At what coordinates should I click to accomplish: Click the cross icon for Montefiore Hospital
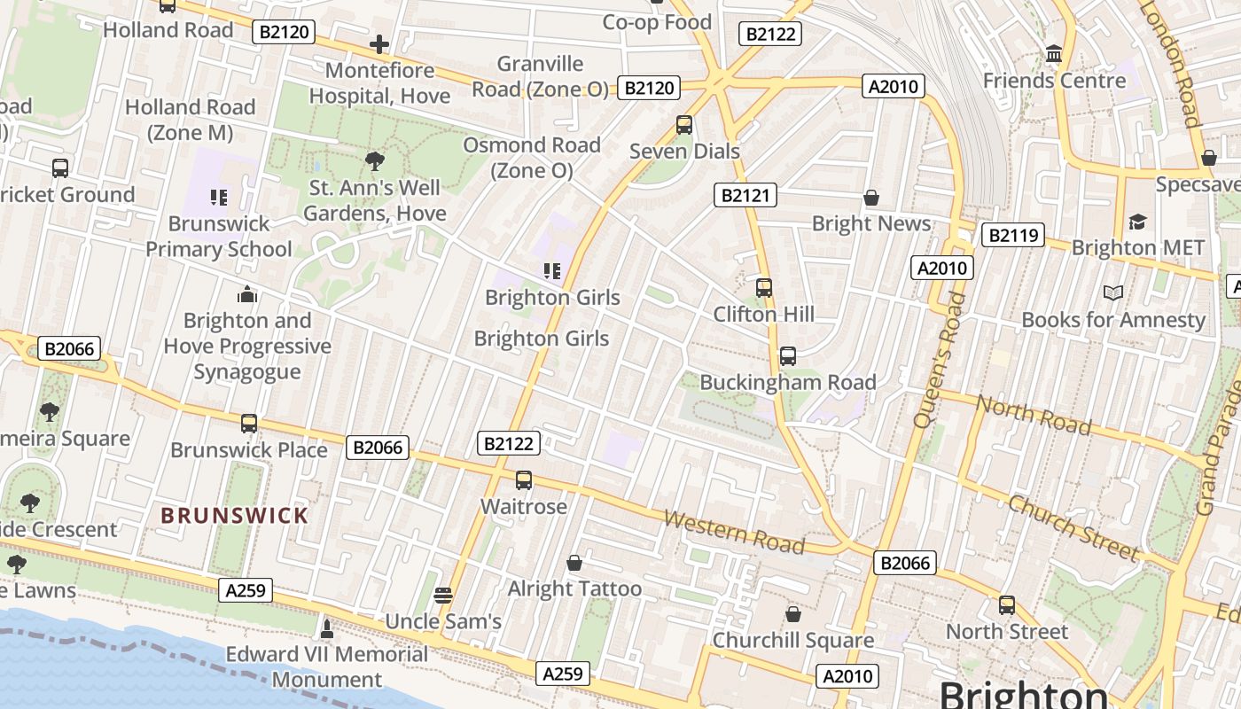[x=379, y=44]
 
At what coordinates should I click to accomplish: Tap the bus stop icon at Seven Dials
[x=684, y=125]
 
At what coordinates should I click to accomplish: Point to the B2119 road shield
[x=1013, y=235]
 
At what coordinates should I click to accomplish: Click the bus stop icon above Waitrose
[x=524, y=480]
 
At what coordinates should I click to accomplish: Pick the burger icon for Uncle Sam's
[x=443, y=595]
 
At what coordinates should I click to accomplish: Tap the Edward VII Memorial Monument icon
[x=327, y=629]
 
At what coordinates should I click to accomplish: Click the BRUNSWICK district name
[x=235, y=516]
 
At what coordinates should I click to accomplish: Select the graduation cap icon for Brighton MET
[x=1137, y=222]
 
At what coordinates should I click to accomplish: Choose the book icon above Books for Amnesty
[x=1113, y=292]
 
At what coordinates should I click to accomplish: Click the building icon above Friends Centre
[x=1054, y=55]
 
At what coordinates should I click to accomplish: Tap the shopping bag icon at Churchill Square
[x=793, y=614]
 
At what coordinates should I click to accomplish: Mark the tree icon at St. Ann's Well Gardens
[x=375, y=161]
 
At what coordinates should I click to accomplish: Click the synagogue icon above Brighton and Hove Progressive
[x=247, y=294]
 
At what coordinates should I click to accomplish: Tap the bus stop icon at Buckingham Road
[x=788, y=356]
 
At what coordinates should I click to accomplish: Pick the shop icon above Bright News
[x=871, y=198]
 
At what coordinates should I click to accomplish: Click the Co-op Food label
[x=657, y=22]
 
